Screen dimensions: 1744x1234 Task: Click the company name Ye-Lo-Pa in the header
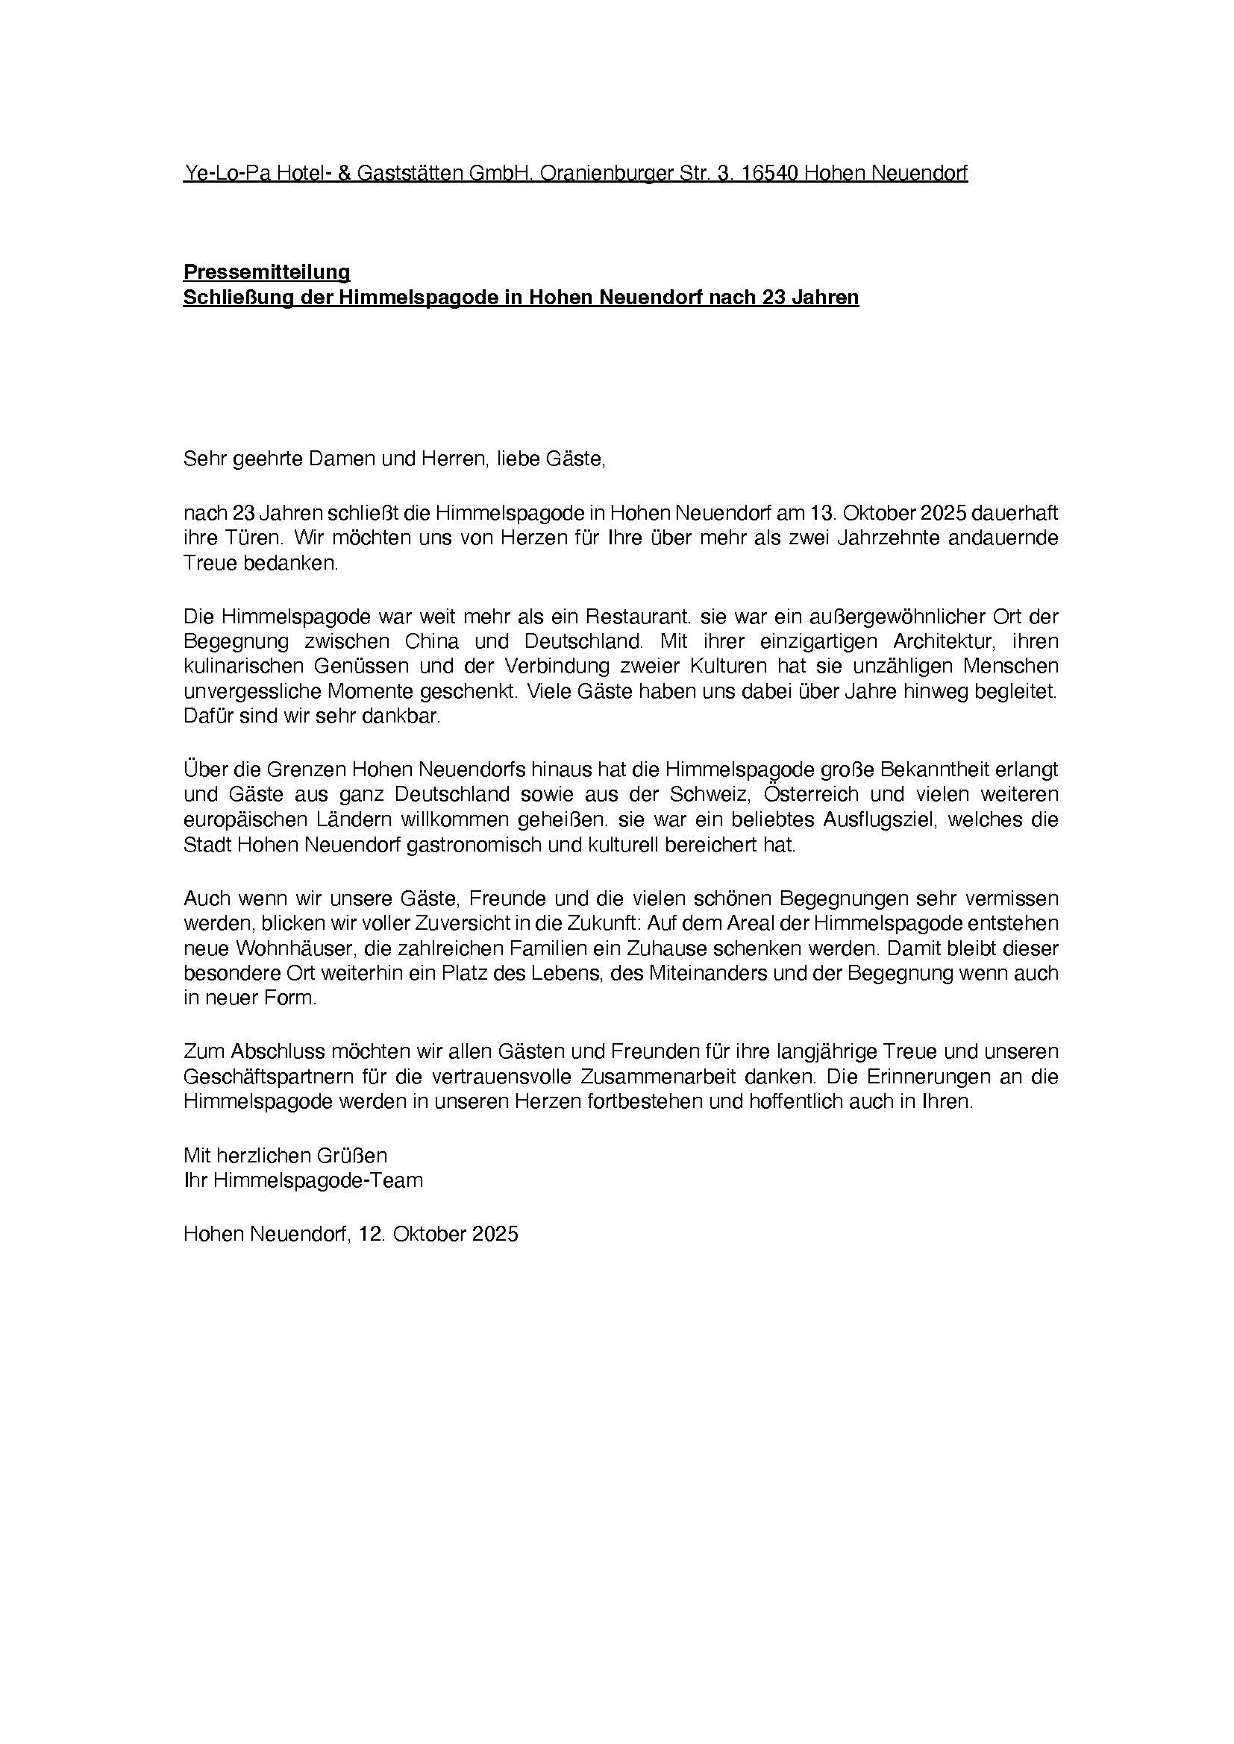[225, 173]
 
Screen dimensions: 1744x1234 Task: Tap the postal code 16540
[769, 173]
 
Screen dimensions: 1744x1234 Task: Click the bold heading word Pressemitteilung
[266, 272]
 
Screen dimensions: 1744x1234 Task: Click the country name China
[431, 641]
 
